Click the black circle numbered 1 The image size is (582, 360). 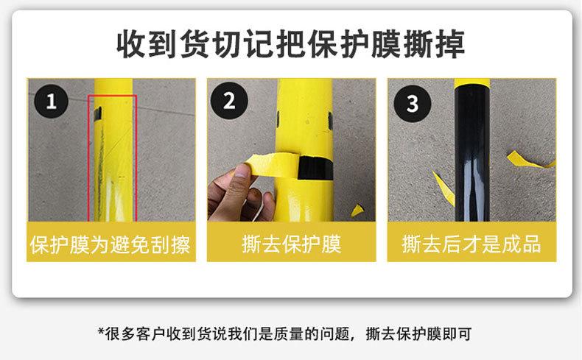point(52,101)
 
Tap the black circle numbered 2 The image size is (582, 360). point(229,100)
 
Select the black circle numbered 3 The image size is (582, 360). point(412,104)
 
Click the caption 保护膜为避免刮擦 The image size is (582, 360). point(111,244)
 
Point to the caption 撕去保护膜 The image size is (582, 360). point(292,244)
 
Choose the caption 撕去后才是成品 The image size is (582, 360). point(471,244)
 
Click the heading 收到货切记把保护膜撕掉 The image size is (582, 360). point(290,44)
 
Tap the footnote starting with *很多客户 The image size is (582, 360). point(284,333)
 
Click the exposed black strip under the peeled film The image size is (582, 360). point(315,168)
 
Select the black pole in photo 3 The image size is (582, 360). point(472,152)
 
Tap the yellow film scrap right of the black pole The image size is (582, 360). point(529,161)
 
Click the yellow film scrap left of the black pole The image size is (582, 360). point(443,188)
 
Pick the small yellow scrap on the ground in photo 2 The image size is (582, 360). point(357,211)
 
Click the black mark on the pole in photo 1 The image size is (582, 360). point(98,114)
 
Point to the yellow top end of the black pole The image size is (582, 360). point(472,82)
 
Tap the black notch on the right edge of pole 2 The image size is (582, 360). point(330,121)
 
